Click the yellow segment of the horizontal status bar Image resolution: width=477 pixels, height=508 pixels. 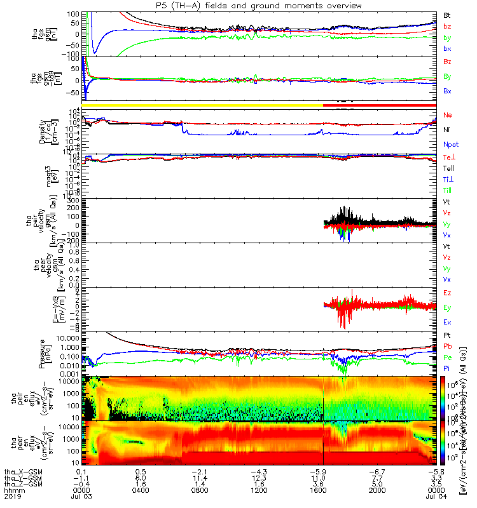coord(203,104)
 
